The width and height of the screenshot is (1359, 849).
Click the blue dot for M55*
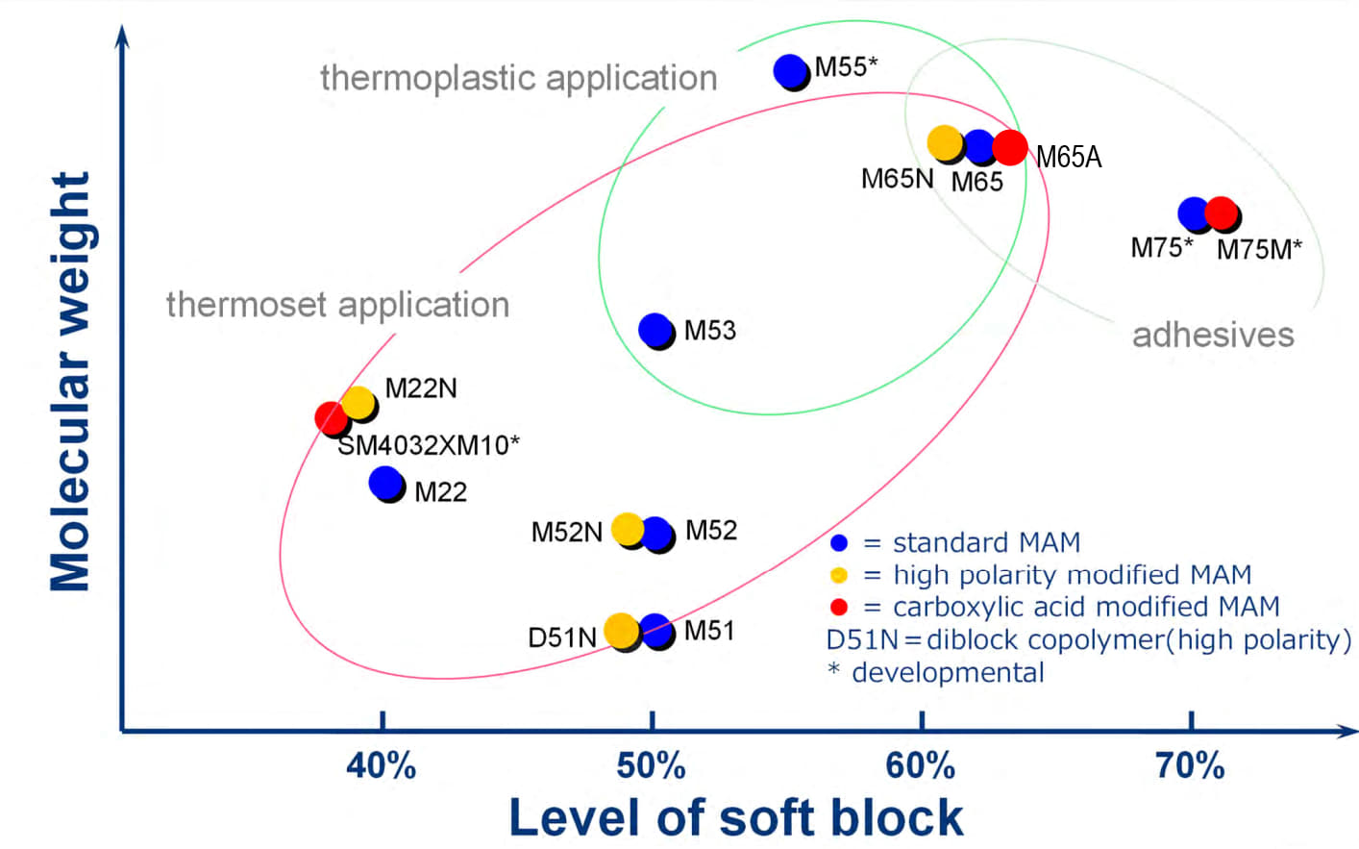click(790, 70)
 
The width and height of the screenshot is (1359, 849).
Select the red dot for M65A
click(1009, 147)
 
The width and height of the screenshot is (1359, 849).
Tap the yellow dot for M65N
click(945, 143)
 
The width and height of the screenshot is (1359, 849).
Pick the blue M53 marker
click(655, 330)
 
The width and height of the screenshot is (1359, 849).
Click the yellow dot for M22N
click(358, 402)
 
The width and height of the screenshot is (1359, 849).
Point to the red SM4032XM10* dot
click(331, 417)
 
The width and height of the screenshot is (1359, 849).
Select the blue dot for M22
click(385, 483)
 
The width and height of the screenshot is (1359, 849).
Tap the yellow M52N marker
click(627, 528)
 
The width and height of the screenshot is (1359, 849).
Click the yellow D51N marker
click(621, 630)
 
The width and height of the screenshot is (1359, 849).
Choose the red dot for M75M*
click(1221, 212)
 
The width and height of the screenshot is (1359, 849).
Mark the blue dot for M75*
click(1193, 212)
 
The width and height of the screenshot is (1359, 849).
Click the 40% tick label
click(382, 766)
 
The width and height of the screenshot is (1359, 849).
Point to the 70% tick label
click(1190, 766)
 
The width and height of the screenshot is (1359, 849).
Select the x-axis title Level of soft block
click(735, 818)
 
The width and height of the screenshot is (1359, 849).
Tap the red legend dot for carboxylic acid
click(839, 608)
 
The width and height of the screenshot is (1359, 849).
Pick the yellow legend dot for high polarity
click(839, 575)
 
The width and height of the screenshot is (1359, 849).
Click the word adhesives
click(1213, 335)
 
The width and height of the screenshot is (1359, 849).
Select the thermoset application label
click(337, 305)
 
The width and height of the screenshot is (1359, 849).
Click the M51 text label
click(709, 631)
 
